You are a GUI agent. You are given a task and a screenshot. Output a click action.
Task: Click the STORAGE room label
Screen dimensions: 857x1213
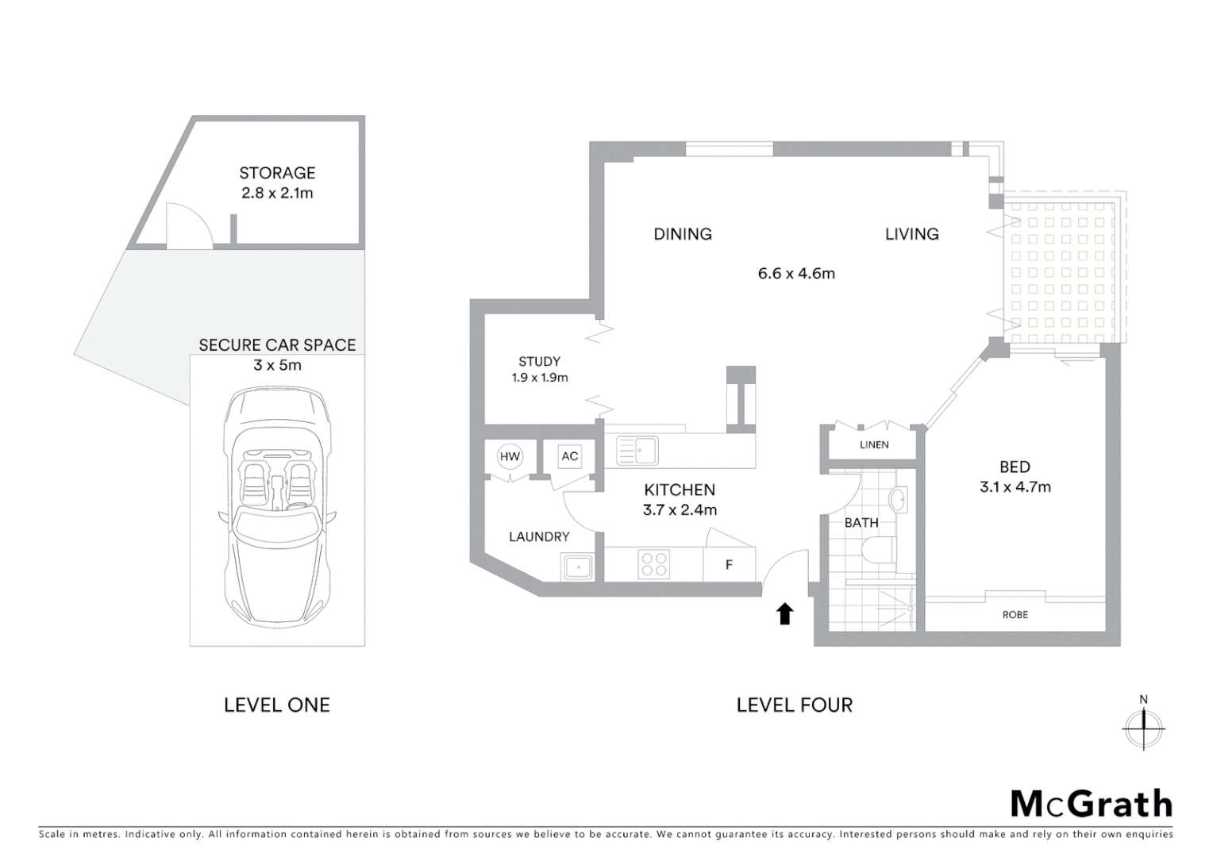pyautogui.click(x=277, y=173)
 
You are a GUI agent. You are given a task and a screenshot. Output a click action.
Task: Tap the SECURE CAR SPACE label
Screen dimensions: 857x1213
pyautogui.click(x=277, y=345)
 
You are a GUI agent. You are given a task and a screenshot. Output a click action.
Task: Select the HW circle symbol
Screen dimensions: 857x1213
pyautogui.click(x=510, y=456)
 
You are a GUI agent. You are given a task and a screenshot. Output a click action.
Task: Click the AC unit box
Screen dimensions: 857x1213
pyautogui.click(x=569, y=456)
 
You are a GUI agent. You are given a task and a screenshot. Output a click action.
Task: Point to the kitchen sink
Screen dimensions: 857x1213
pyautogui.click(x=637, y=452)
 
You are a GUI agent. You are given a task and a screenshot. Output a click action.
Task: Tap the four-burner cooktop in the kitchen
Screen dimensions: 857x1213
pyautogui.click(x=653, y=564)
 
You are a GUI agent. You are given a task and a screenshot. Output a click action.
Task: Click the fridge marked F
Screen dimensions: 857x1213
pyautogui.click(x=729, y=565)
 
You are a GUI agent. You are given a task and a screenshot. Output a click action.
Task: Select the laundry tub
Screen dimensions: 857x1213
pyautogui.click(x=577, y=567)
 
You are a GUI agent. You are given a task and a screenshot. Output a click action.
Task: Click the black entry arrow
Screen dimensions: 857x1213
pyautogui.click(x=785, y=613)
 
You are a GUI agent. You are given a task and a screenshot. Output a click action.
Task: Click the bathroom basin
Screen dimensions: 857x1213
pyautogui.click(x=899, y=501)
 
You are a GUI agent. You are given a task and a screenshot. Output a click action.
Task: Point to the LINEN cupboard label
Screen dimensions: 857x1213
pyautogui.click(x=874, y=445)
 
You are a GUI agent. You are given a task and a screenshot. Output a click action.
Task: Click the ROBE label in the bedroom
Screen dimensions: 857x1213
pyautogui.click(x=1015, y=614)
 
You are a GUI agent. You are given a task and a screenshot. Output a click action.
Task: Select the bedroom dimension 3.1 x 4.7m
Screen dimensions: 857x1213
pyautogui.click(x=1015, y=487)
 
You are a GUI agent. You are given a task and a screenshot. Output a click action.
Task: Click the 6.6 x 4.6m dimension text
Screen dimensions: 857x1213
pyautogui.click(x=796, y=274)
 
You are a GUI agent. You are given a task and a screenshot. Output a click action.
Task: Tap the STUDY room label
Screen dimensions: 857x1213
pyautogui.click(x=539, y=362)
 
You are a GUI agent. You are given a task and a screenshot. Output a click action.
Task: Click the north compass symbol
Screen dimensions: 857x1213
pyautogui.click(x=1143, y=725)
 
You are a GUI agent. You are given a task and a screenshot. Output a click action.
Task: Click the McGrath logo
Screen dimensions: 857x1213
pyautogui.click(x=1091, y=804)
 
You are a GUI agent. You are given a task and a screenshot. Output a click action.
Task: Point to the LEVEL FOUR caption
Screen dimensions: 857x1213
pyautogui.click(x=794, y=705)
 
